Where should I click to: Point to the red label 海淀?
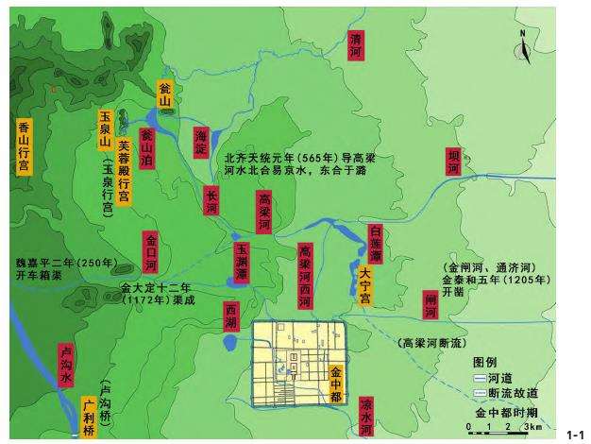pos(200,140)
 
